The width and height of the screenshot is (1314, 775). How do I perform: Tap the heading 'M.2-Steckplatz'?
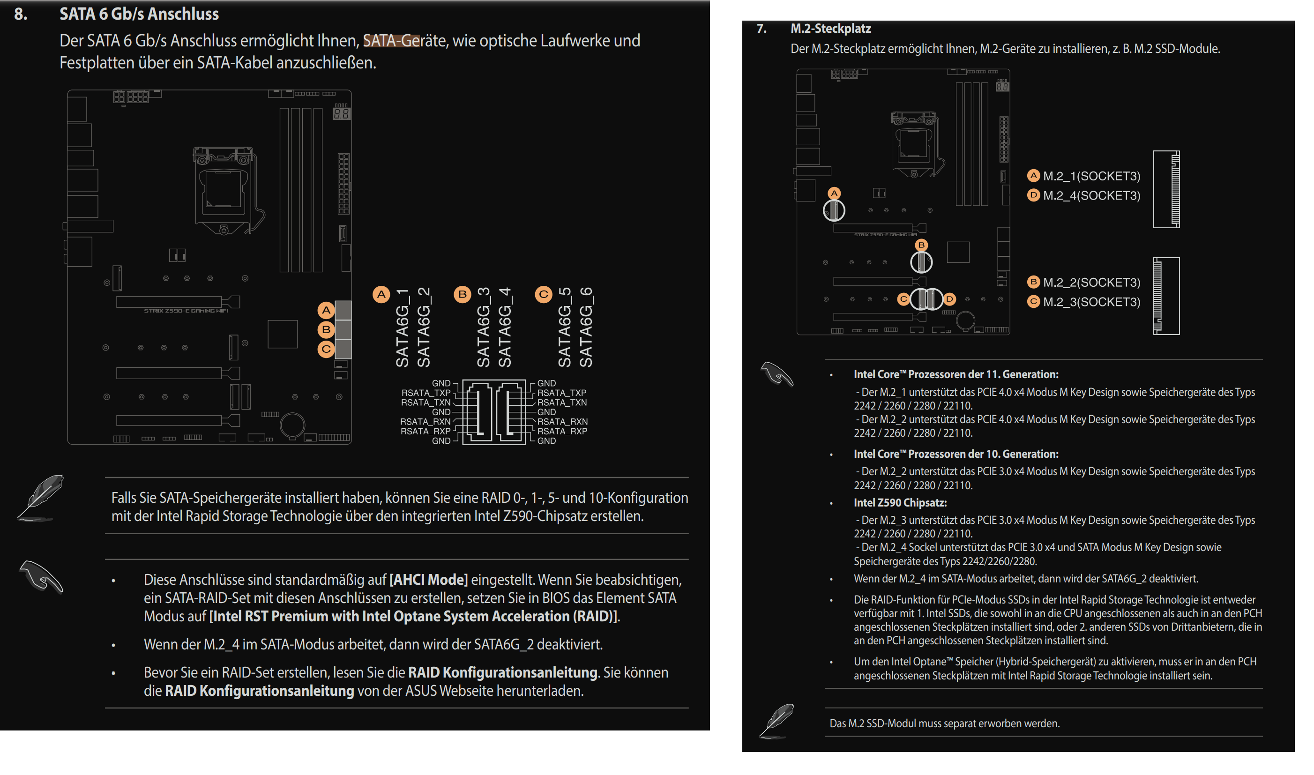830,28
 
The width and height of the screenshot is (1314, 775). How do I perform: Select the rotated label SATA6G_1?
402,328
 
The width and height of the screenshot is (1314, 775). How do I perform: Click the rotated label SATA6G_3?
483,328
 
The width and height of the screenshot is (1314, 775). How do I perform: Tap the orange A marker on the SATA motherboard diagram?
326,311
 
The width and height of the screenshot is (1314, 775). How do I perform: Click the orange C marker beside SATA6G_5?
543,295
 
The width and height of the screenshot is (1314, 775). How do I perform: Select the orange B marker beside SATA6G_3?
462,295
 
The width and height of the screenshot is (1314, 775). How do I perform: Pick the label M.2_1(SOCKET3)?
1091,176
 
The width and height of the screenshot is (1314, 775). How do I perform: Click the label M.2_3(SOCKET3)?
1091,302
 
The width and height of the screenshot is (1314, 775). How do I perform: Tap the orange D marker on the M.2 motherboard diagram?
949,299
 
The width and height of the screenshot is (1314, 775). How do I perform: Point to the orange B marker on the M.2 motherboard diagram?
921,245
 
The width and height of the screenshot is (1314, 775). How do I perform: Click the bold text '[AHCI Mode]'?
428,580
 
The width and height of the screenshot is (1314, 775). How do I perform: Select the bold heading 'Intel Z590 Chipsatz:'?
900,503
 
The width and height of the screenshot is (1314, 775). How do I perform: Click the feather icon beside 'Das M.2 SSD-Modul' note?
777,721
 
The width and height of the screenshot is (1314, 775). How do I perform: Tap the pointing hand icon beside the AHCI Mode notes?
41,576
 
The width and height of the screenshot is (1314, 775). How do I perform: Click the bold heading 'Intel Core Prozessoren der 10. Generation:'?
956,454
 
